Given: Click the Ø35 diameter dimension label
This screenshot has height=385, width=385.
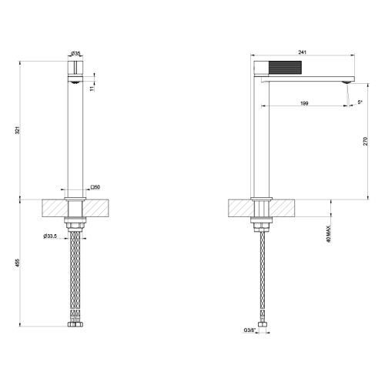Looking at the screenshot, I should pos(76,52).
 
